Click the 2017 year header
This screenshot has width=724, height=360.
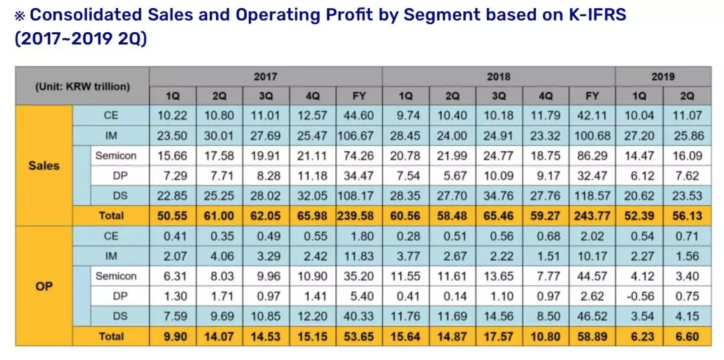click(265, 76)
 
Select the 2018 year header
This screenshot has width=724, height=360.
click(498, 76)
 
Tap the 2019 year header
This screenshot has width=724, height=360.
click(662, 76)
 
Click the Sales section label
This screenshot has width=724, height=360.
click(44, 166)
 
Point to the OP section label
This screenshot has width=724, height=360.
click(44, 286)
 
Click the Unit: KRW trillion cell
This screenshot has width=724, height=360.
click(82, 86)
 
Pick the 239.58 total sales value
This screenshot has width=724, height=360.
click(359, 216)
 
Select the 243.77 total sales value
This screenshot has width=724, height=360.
click(592, 216)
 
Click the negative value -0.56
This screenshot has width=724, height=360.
click(640, 296)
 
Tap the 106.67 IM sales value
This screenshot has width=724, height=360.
click(359, 135)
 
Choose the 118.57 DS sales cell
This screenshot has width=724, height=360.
click(592, 196)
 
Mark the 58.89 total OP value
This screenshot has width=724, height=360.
click(592, 337)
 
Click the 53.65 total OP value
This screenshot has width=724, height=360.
click(359, 337)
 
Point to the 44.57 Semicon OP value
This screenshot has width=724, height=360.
click(592, 276)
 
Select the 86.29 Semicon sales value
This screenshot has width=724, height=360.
click(592, 156)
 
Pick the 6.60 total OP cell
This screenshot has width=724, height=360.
click(687, 337)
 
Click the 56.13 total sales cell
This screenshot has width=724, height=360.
click(687, 216)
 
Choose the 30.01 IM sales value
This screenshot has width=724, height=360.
click(219, 135)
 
